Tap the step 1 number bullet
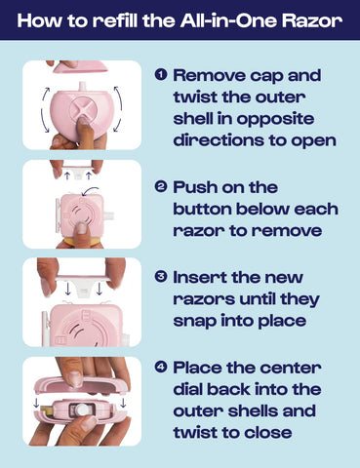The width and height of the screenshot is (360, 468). pos(161,75)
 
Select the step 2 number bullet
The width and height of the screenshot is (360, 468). pos(161,187)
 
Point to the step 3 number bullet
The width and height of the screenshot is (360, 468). pos(161,277)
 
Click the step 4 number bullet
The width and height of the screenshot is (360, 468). pos(161,368)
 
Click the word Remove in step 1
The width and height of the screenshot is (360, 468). pos(209,75)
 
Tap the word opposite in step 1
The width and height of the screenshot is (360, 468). pos(275,120)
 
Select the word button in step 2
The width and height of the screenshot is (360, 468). pos(202,209)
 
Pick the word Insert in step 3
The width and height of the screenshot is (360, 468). pos(200,278)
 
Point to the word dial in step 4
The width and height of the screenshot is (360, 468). pos(188,389)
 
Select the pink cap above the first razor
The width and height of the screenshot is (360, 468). pos(80,66)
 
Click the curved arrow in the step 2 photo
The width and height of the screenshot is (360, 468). pos(90,191)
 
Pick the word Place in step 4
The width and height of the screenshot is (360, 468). pos(197,368)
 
